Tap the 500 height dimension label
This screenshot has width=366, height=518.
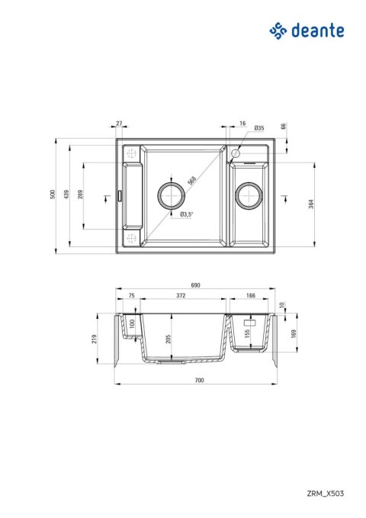(53, 195)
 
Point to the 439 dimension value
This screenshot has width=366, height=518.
(66, 195)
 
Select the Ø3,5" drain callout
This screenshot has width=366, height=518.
(187, 214)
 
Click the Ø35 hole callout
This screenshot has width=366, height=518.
(258, 128)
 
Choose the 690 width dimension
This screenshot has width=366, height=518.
(194, 285)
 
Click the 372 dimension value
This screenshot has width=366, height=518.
(181, 294)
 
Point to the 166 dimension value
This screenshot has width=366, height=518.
(250, 294)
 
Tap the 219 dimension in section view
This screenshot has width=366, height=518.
(94, 339)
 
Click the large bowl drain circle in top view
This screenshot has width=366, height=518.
(171, 195)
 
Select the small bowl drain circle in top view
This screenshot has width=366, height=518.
(248, 195)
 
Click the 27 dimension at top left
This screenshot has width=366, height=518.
(120, 123)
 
